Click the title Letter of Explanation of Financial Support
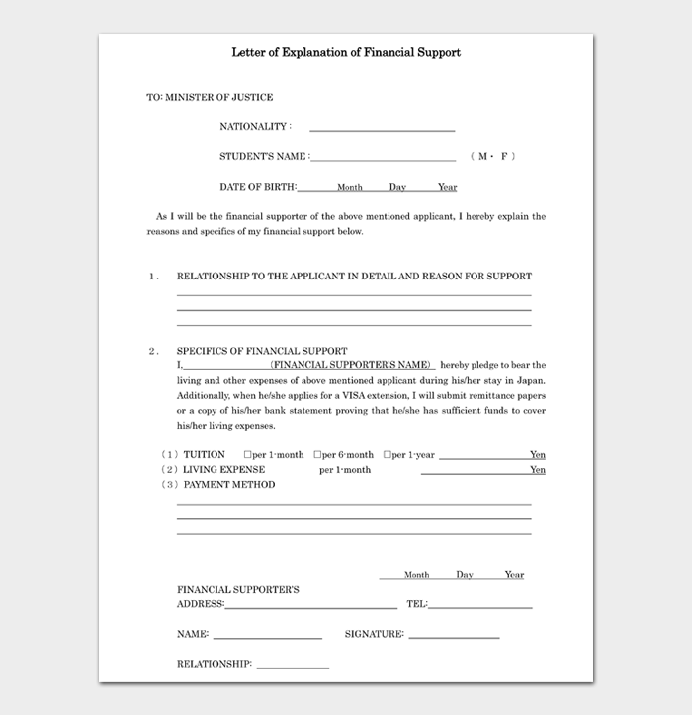[346, 52]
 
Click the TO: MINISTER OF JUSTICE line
[210, 97]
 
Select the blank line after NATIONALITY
[382, 130]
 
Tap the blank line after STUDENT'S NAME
[383, 159]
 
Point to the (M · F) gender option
[493, 157]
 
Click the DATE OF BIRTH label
[256, 187]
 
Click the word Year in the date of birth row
[447, 187]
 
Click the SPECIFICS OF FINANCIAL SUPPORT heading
[262, 351]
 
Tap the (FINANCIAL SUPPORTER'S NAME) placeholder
[351, 365]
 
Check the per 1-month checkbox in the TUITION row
[248, 455]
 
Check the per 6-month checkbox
[318, 455]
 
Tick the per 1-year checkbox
[388, 455]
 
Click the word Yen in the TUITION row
[537, 455]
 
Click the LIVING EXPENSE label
[223, 470]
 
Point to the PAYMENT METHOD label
[228, 485]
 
